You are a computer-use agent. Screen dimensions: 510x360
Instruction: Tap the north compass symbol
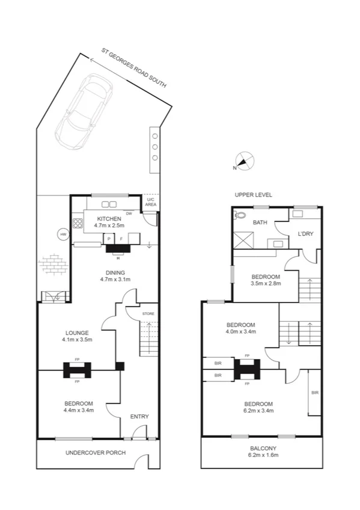[x=243, y=161]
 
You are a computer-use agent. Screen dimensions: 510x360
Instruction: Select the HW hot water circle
[x=63, y=234]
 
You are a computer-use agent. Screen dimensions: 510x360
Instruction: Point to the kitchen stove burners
[x=77, y=224]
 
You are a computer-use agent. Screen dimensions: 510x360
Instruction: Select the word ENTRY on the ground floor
[x=139, y=417]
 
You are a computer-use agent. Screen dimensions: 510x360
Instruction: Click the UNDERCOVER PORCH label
[x=96, y=452]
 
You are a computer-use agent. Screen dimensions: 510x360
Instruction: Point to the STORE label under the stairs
[x=148, y=314]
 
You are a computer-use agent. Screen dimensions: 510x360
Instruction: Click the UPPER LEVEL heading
[x=253, y=195]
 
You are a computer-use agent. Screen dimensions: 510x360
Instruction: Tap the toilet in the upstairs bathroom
[x=240, y=215]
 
